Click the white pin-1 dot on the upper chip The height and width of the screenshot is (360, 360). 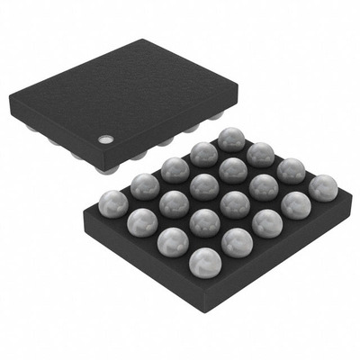click(106, 139)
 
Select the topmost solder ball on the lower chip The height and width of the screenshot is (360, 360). click(231, 139)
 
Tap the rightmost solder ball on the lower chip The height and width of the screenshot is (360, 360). click(322, 187)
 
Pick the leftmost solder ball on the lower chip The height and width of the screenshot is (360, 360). click(112, 202)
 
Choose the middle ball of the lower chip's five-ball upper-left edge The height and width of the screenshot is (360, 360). click(175, 168)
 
